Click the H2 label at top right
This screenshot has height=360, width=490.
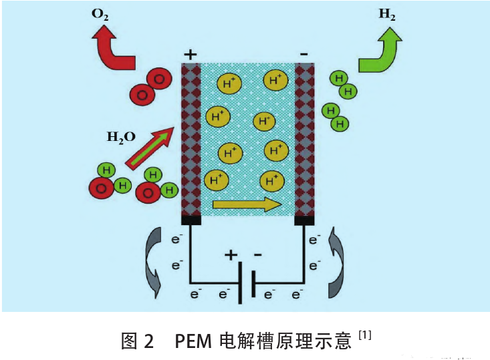pyautogui.click(x=386, y=15)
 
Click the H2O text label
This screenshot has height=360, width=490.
pyautogui.click(x=121, y=137)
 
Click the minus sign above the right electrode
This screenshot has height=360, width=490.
pyautogui.click(x=304, y=53)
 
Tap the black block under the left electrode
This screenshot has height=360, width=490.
pyautogui.click(x=191, y=220)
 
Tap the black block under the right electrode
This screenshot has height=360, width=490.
pyautogui.click(x=304, y=220)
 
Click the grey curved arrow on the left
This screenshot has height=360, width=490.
pyautogui.click(x=152, y=261)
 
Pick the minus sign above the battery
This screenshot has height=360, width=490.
pyautogui.click(x=258, y=255)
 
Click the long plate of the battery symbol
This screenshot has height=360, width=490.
pyautogui.click(x=240, y=283)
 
